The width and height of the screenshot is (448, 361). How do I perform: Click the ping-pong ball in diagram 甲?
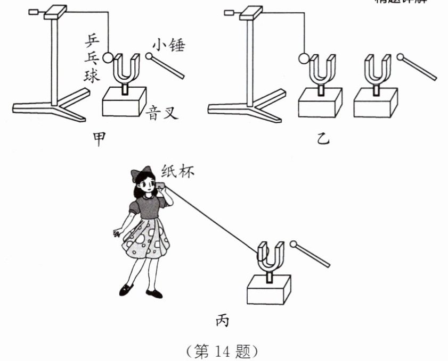point(108,57)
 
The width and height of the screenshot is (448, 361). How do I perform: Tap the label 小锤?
point(168,46)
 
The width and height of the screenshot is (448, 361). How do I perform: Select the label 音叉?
point(162,113)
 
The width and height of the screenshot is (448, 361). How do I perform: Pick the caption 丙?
point(223,320)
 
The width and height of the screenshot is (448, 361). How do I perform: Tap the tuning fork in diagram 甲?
point(126,69)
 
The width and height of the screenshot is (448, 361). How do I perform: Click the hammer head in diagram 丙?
point(294,245)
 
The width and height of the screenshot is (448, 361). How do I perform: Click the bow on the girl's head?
point(140,174)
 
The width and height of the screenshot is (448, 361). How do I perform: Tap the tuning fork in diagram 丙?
point(270,256)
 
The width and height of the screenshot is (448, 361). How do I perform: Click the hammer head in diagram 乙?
point(400,57)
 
